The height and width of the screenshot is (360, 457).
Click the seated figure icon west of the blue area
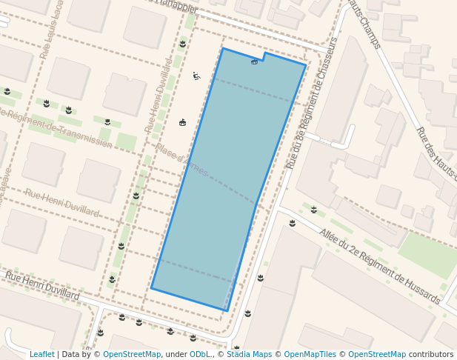196,76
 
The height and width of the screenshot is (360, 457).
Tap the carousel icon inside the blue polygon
255,62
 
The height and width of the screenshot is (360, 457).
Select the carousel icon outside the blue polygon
182,122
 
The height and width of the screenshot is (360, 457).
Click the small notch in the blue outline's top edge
264,56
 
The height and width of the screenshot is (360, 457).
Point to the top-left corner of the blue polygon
222,49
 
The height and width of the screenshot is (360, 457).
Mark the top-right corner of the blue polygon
306,64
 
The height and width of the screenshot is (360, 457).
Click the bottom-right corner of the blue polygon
227,310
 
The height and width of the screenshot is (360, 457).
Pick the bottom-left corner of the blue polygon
152,288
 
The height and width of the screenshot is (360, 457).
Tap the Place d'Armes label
181,160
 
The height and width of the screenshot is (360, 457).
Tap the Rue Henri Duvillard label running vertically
158,96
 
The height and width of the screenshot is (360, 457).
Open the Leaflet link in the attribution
41,354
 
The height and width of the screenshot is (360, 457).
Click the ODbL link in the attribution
199,354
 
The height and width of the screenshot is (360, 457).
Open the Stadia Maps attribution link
247,354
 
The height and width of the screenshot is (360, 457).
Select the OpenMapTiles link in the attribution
310,354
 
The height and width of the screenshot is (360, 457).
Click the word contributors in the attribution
431,354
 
